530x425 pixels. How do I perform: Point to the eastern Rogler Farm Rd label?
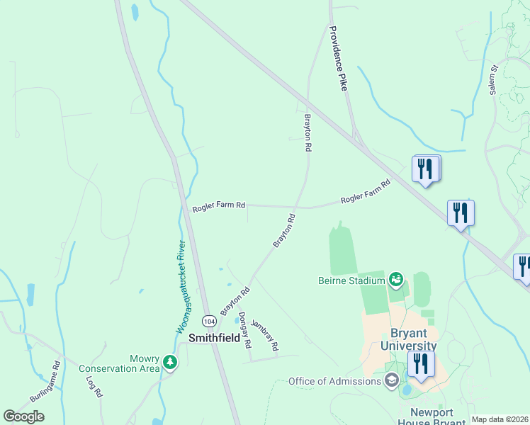click(366, 192)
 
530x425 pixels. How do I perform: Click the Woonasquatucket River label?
click(181, 287)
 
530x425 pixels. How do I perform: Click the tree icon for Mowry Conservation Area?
click(170, 363)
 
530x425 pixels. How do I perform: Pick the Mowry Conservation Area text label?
click(119, 363)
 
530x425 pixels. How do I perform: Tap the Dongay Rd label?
click(244, 330)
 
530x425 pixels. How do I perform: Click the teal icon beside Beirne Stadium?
click(396, 280)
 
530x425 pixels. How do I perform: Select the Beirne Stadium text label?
click(351, 280)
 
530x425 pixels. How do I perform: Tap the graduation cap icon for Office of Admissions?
click(391, 382)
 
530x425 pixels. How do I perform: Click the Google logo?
click(23, 416)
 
